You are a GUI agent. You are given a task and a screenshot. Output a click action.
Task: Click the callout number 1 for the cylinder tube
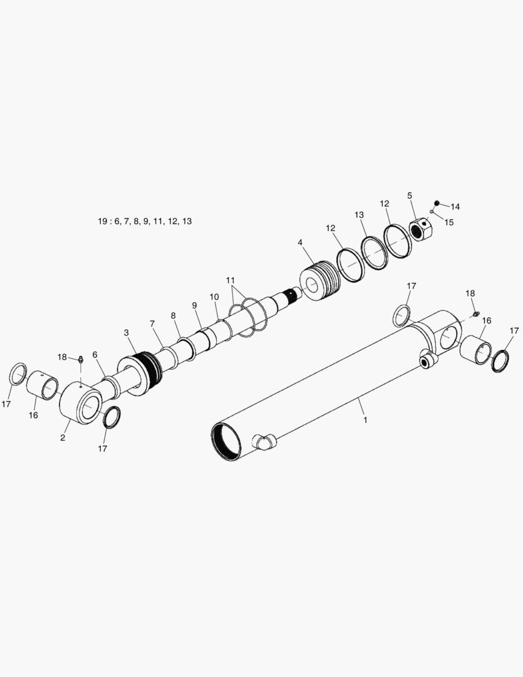[x=365, y=419]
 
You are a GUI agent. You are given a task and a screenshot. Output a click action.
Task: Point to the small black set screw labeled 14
[x=437, y=202]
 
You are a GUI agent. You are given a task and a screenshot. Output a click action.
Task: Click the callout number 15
[x=449, y=222]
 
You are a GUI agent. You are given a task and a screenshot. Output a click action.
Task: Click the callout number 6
[x=95, y=354]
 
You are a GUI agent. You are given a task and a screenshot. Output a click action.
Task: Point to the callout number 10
[x=214, y=297]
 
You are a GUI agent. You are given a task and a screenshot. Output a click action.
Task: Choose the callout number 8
[x=173, y=315]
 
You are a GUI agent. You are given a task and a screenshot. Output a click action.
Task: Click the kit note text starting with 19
[x=145, y=221]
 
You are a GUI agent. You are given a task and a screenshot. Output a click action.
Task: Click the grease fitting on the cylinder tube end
[x=475, y=313]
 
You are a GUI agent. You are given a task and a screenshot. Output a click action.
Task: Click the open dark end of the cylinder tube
[x=226, y=441]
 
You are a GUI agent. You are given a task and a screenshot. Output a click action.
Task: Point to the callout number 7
[x=152, y=323]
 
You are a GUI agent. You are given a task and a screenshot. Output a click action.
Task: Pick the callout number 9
[x=195, y=305]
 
